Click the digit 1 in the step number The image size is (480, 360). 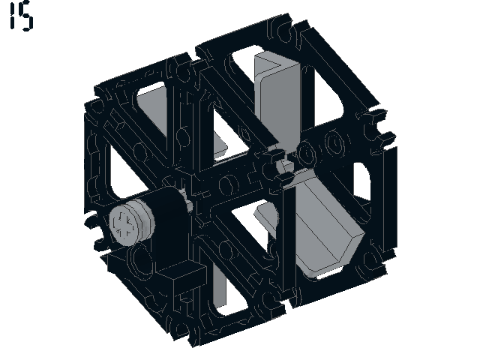click(13, 16)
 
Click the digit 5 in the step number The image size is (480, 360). click(25, 16)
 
